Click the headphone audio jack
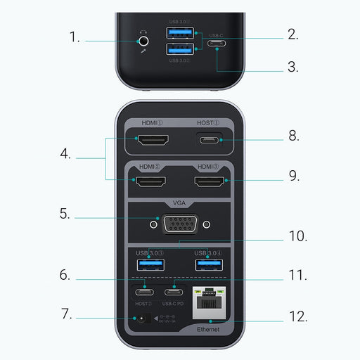pyautogui.click(x=144, y=41)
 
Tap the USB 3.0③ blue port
pyautogui.click(x=150, y=265)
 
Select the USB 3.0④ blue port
pyautogui.click(x=209, y=265)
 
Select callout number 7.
pyautogui.click(x=66, y=314)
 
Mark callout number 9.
pyautogui.click(x=294, y=176)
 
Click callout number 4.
pyautogui.click(x=66, y=153)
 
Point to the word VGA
pyautogui.click(x=181, y=205)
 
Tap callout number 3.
pyautogui.click(x=292, y=67)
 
